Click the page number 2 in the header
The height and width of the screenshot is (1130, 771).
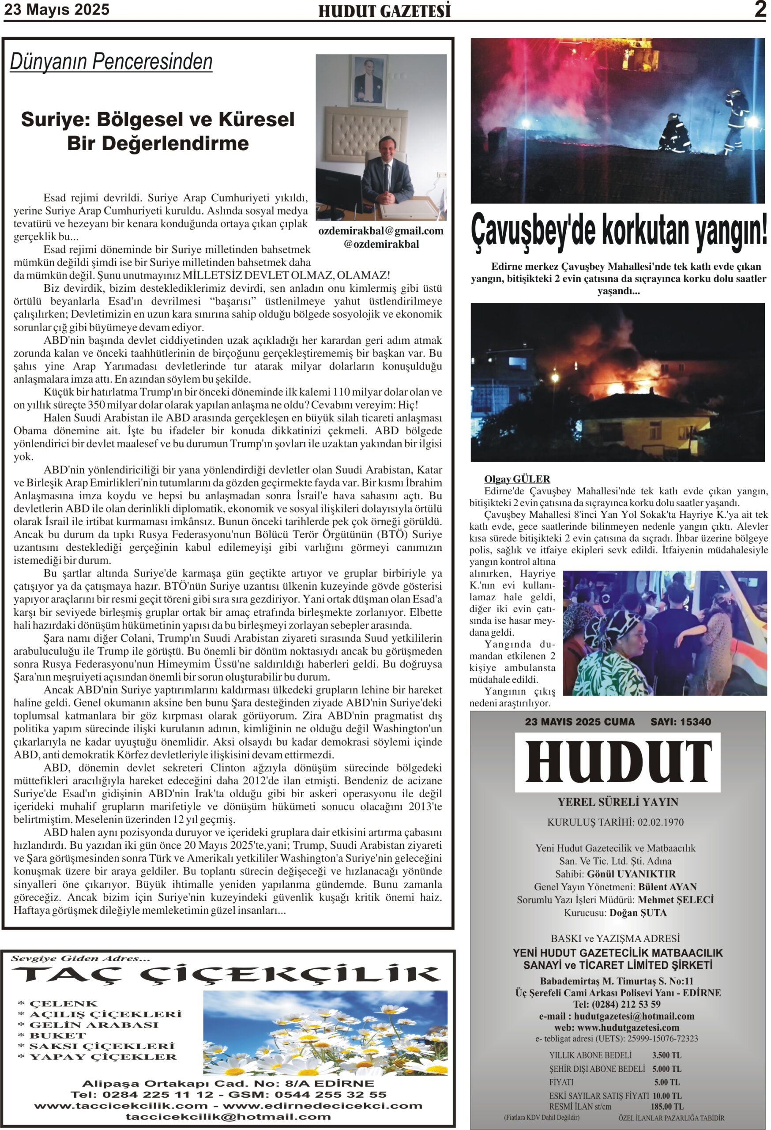click(760, 9)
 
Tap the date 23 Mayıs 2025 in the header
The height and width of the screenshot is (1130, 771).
click(57, 10)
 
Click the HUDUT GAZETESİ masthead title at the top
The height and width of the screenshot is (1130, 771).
click(384, 11)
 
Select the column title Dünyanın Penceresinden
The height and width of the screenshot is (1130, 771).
click(111, 62)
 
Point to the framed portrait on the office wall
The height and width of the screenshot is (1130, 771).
click(369, 80)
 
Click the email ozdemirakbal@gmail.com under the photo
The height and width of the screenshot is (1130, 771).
click(380, 231)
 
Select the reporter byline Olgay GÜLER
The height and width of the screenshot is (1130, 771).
click(517, 479)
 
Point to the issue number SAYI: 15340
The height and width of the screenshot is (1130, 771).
click(681, 722)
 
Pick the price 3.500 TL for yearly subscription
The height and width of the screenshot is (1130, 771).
click(666, 1055)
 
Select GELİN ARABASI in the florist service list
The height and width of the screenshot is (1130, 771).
click(94, 1025)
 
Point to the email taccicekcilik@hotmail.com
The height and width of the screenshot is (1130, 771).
click(228, 1117)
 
